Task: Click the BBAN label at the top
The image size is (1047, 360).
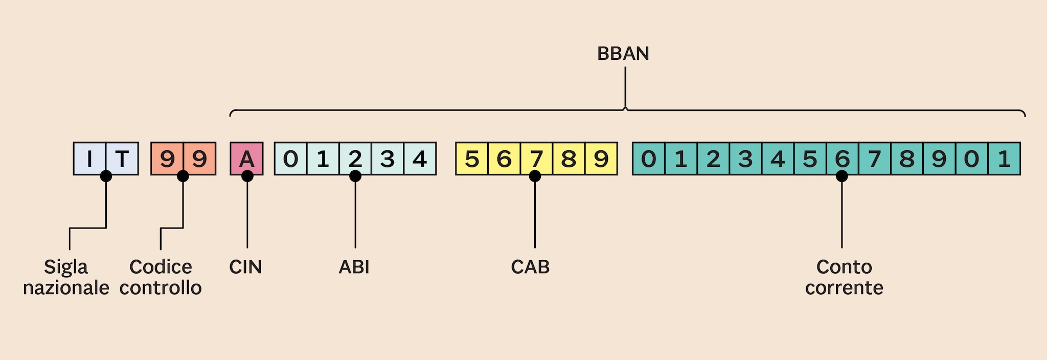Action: [623, 54]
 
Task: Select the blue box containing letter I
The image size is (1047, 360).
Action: [89, 159]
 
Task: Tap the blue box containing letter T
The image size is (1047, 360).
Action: [122, 159]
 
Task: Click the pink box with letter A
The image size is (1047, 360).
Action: [246, 159]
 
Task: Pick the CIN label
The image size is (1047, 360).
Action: [245, 267]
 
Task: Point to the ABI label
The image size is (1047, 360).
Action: [354, 267]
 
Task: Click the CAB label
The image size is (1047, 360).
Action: [530, 267]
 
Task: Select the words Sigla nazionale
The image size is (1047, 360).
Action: [66, 277]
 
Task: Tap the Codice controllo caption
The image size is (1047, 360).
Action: [161, 277]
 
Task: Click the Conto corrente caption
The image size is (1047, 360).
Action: [844, 277]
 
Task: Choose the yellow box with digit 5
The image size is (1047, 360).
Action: [472, 159]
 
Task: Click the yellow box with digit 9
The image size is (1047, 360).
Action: [601, 159]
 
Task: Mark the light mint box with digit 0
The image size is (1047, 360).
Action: [290, 159]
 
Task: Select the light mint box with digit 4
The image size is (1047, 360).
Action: [420, 159]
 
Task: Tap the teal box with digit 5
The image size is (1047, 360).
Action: [810, 159]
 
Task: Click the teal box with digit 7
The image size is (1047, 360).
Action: [875, 159]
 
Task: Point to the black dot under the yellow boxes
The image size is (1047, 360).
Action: [535, 176]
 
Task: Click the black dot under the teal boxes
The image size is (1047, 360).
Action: [841, 176]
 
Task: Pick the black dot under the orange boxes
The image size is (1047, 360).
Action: [183, 176]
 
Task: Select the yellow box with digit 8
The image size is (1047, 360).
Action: [568, 159]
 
